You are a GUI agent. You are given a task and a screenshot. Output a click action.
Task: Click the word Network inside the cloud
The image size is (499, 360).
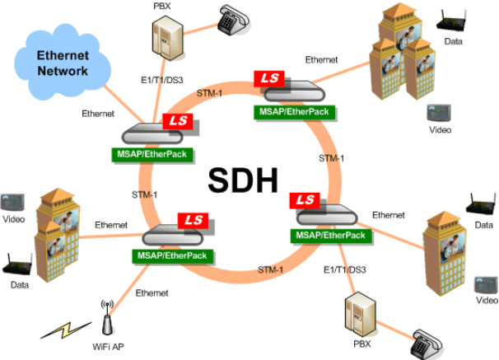[62, 71]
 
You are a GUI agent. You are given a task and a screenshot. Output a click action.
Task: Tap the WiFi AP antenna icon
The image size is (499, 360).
[105, 316]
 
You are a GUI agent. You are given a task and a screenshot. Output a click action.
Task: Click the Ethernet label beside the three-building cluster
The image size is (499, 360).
[321, 60]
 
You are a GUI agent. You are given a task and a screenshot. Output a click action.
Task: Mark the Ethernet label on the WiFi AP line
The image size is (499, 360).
[152, 293]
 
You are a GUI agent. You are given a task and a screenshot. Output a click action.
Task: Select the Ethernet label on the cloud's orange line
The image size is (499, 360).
[99, 113]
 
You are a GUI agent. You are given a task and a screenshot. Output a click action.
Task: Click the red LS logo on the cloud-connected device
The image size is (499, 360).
[177, 121]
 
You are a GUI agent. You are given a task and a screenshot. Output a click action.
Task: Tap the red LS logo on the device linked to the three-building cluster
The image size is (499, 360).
[268, 78]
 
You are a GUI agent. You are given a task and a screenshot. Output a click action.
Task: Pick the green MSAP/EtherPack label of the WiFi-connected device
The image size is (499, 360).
[168, 255]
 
